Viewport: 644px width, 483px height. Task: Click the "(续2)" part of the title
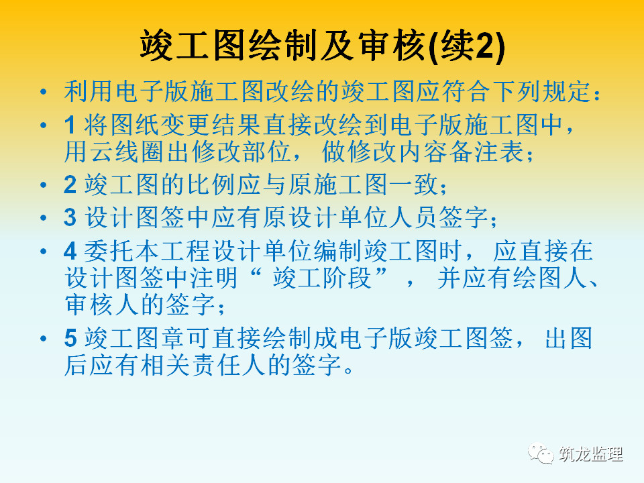(x=466, y=46)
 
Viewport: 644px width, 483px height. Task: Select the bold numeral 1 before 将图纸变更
(x=70, y=125)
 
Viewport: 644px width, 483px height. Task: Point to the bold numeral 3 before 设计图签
(x=70, y=217)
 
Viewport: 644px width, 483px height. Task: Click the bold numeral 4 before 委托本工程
(x=70, y=251)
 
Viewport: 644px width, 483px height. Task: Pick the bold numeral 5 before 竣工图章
(x=70, y=338)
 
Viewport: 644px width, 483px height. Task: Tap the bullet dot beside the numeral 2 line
(x=43, y=184)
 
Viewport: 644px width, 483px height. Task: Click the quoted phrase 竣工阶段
(x=322, y=278)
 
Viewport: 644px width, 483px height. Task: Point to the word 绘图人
(x=550, y=278)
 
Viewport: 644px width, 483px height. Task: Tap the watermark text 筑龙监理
(x=590, y=454)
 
